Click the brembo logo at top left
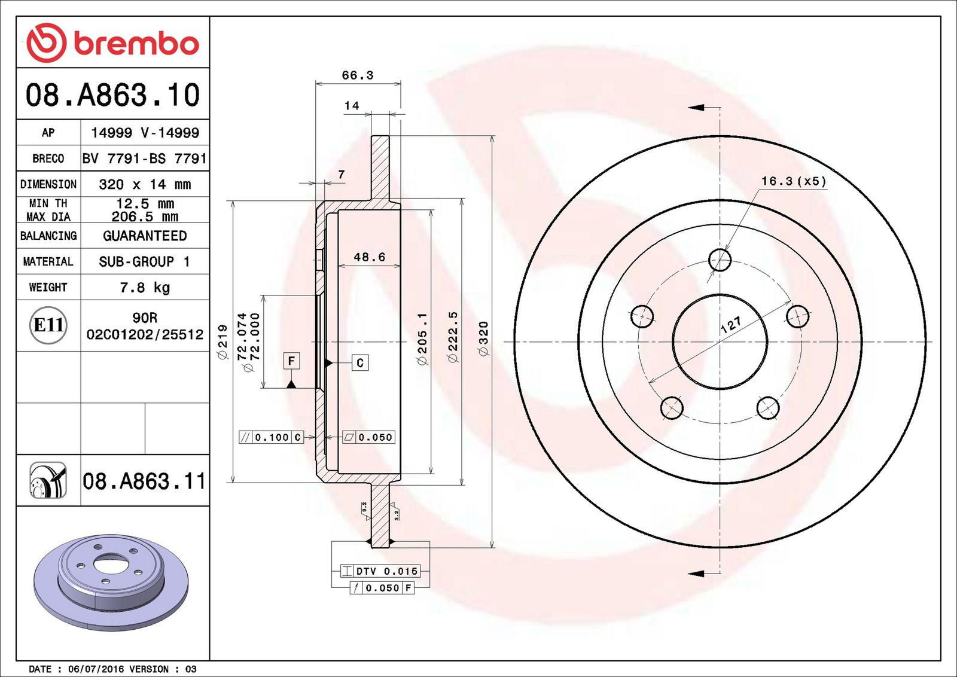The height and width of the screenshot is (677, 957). point(113,42)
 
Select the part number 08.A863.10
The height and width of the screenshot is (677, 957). point(113,94)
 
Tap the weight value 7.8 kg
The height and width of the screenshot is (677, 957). point(145,288)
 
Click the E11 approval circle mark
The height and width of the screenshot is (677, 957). point(48,325)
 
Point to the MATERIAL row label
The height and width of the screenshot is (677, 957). point(48,261)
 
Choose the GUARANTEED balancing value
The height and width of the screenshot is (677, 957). point(145,236)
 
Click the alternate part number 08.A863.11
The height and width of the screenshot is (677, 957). point(144,481)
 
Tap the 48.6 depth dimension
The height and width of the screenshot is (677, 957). point(370,257)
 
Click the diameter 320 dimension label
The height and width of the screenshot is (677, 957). point(483,338)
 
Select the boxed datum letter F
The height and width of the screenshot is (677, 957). point(291,361)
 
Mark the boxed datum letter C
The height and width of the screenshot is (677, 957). point(360,362)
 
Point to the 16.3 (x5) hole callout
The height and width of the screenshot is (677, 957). point(794,181)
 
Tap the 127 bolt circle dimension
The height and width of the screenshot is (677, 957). point(731,325)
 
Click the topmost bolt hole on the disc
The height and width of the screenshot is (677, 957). point(720,260)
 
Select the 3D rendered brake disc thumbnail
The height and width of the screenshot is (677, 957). point(111,582)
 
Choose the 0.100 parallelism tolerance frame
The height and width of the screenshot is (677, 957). point(271,437)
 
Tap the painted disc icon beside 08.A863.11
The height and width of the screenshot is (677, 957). point(48,480)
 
